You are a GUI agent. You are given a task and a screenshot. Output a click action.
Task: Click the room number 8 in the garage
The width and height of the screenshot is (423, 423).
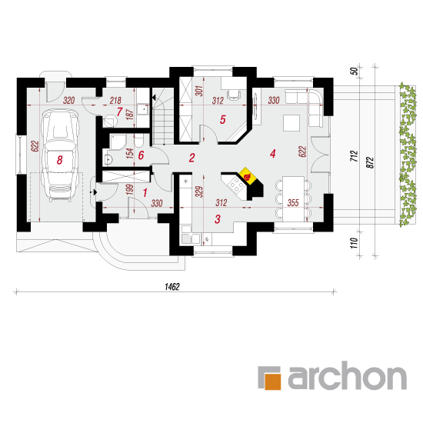[x=60, y=160]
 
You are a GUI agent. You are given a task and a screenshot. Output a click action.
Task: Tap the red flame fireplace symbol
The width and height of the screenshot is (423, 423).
[x=247, y=177]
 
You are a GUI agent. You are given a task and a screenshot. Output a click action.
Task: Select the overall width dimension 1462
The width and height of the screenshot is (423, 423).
[x=172, y=287]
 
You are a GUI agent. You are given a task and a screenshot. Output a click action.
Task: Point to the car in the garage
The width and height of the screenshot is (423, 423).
[x=60, y=155]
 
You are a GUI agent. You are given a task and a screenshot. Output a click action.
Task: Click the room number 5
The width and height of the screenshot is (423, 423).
[x=222, y=119]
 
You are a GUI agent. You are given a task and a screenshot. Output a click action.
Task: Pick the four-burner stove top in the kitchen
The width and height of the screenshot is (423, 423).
[x=236, y=185]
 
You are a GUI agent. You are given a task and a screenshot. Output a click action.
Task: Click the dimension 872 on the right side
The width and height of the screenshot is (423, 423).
[x=371, y=162]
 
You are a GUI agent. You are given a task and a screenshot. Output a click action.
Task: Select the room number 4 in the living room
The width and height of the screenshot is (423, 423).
[x=273, y=154]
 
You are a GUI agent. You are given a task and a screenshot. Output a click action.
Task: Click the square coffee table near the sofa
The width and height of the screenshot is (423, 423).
[x=291, y=123]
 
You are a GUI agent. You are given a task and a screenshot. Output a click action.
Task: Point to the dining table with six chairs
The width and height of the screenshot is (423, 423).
[x=293, y=199]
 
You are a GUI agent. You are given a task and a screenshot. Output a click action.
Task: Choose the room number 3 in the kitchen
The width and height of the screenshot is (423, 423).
[x=218, y=219]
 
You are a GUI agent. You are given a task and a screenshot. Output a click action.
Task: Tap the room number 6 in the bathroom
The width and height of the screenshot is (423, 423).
[x=141, y=155]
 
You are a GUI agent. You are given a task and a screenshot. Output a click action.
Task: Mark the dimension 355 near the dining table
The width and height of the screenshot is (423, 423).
[x=293, y=202]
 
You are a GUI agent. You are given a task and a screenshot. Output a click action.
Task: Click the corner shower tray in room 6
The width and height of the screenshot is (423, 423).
[x=118, y=142]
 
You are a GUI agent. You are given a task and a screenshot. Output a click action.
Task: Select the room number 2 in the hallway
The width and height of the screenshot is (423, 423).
[x=192, y=158]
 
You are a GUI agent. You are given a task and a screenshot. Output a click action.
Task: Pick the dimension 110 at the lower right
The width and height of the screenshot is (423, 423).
[x=355, y=243]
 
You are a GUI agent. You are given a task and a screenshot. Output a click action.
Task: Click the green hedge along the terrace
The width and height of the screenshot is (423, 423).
[x=408, y=155]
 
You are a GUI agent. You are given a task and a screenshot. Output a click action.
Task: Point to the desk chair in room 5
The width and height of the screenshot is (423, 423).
[x=234, y=95]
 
